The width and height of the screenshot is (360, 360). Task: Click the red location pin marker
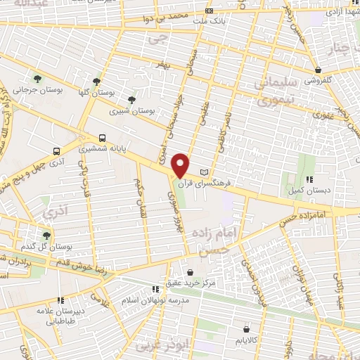pyautogui.click(x=181, y=165)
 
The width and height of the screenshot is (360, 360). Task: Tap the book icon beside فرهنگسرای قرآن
pyautogui.click(x=205, y=172)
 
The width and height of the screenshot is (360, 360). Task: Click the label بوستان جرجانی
pyautogui.click(x=35, y=90)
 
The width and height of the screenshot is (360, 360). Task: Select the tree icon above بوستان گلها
pyautogui.click(x=96, y=81)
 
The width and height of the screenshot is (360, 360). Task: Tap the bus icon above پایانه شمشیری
pyautogui.click(x=103, y=138)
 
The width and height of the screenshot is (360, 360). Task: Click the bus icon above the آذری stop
pyautogui.click(x=56, y=150)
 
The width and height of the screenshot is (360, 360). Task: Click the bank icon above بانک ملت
pyautogui.click(x=208, y=11)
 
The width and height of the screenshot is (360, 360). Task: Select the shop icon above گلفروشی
pyautogui.click(x=319, y=70)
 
